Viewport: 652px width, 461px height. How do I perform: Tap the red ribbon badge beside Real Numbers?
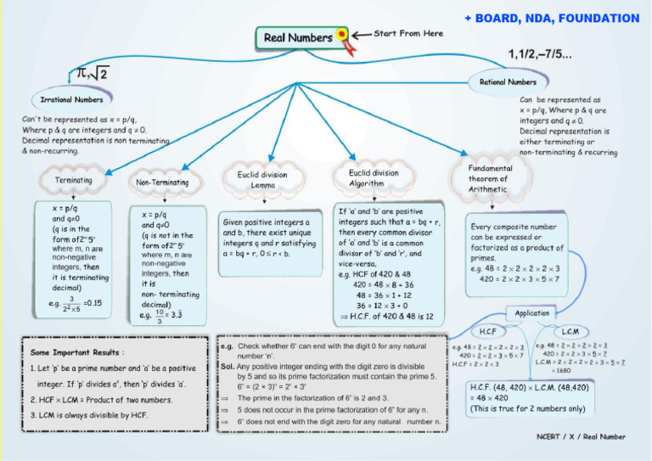[x=341, y=36]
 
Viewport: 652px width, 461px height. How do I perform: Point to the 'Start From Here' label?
[x=408, y=33]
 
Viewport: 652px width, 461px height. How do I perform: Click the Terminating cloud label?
[x=74, y=181]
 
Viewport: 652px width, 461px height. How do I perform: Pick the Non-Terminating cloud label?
[x=162, y=182]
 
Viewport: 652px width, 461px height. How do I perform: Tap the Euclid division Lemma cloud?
[x=262, y=180]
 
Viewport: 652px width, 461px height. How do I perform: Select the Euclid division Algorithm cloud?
[x=373, y=177]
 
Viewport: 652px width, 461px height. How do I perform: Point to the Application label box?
[x=532, y=312]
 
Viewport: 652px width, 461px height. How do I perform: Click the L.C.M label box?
[x=570, y=331]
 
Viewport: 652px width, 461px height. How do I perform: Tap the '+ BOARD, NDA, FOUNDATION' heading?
[x=551, y=18]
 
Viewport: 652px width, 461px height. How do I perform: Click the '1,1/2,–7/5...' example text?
[x=540, y=55]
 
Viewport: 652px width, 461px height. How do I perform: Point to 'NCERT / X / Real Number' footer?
[x=581, y=436]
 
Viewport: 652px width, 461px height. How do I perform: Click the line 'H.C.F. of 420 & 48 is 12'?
[x=386, y=316]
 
